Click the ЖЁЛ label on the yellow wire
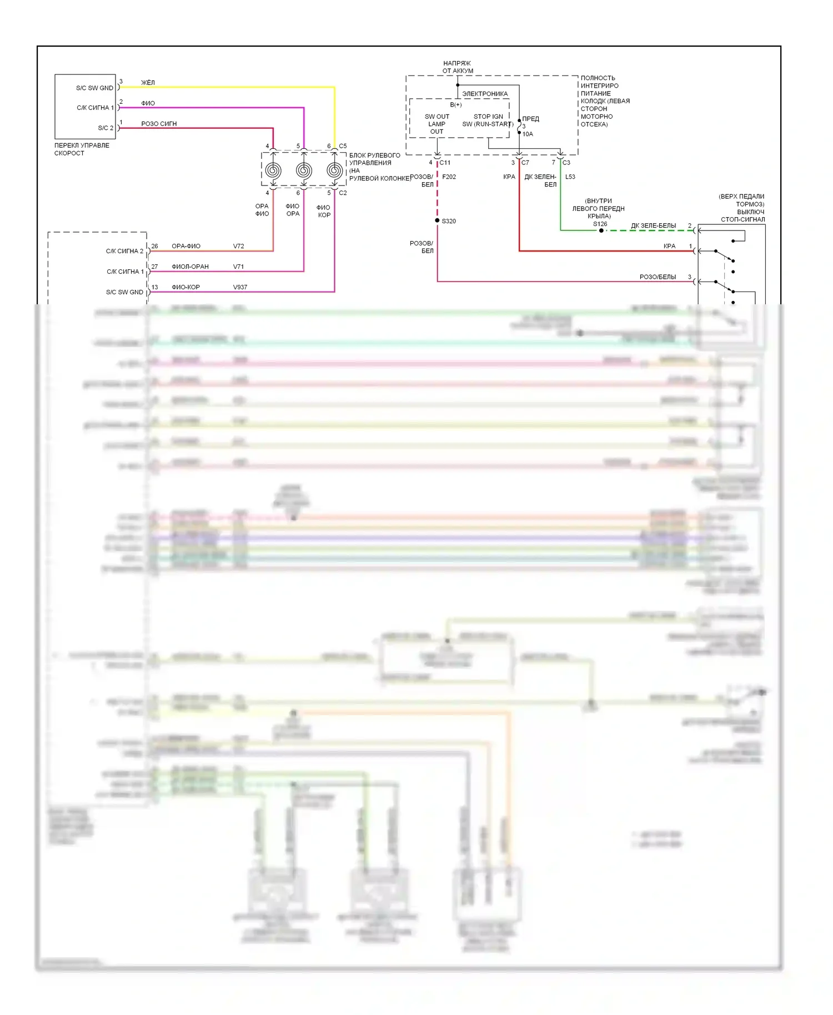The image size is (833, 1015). (148, 83)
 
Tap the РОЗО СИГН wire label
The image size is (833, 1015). (159, 124)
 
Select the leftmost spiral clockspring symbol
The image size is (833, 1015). (273, 170)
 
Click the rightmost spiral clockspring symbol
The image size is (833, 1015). (334, 170)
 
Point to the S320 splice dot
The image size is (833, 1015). (438, 221)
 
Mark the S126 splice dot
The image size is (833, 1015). (601, 230)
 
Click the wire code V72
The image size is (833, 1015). (239, 246)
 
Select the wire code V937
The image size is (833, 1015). (240, 287)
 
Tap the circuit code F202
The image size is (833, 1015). (449, 177)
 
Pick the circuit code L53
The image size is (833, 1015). (570, 177)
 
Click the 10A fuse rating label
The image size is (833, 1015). (528, 134)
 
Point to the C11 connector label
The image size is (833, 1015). (445, 163)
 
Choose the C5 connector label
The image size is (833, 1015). (343, 146)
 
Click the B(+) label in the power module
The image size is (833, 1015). (456, 104)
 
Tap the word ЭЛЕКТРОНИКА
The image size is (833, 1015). (485, 94)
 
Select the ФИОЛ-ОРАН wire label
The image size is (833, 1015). (190, 267)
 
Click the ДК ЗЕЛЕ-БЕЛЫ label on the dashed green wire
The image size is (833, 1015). (653, 225)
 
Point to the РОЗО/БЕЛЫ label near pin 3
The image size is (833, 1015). (658, 277)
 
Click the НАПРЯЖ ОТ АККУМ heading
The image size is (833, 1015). (458, 67)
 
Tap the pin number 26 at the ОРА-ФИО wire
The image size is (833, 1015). (154, 246)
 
